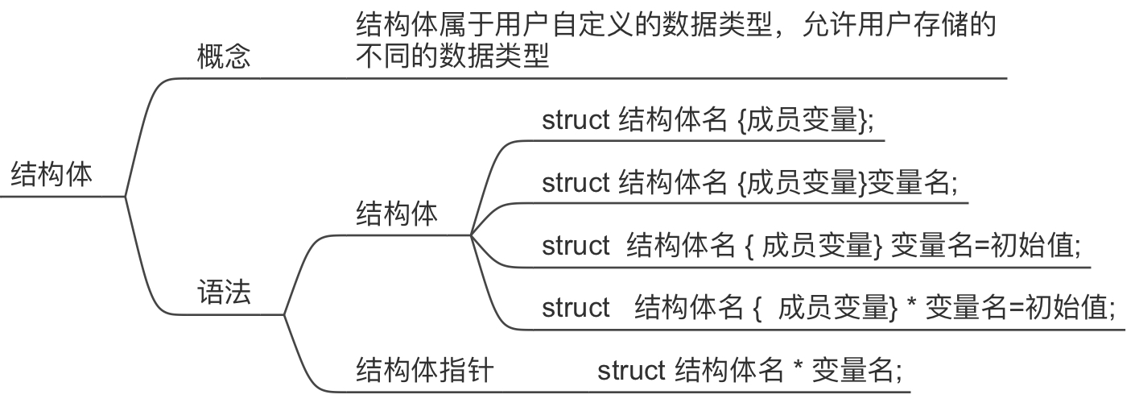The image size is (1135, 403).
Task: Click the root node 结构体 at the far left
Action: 52,175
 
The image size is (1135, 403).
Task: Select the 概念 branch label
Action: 224,58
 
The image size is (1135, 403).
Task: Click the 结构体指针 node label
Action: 424,372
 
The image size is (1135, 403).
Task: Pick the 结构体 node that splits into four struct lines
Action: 397,215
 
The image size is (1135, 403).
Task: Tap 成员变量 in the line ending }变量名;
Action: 802,183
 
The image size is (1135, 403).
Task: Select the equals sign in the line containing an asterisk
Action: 1012,308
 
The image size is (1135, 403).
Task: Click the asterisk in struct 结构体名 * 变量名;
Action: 798,372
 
